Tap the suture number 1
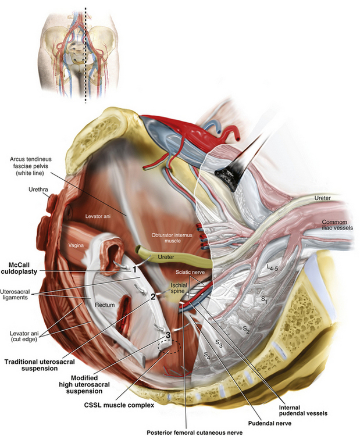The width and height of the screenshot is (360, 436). click(135, 270)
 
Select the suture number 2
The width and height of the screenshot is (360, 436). click(153, 296)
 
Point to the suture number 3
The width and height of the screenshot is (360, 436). click(168, 335)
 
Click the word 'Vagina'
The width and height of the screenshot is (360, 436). click(78, 246)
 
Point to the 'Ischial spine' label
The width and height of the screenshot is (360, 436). click(179, 290)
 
